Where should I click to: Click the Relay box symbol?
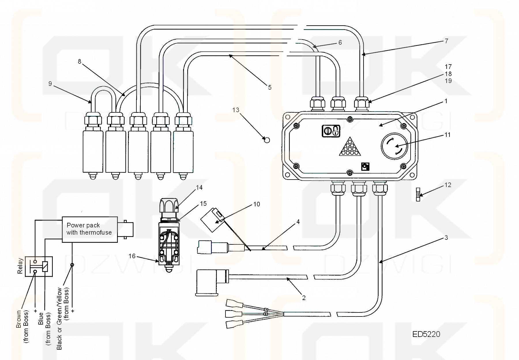click(39, 266)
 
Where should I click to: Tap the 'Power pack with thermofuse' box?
click(90, 229)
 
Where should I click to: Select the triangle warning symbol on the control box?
click(350, 148)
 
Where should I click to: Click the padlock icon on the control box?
click(331, 131)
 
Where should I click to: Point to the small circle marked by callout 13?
click(267, 140)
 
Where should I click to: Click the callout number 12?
click(448, 185)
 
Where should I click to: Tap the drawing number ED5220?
click(426, 334)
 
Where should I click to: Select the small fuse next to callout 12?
click(418, 194)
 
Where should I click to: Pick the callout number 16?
click(132, 256)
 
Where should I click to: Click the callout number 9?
click(50, 84)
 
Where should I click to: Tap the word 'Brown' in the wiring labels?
click(19, 319)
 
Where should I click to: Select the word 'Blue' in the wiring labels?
click(41, 318)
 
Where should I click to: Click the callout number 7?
click(446, 41)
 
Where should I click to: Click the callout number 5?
click(270, 87)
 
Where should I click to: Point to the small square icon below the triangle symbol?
click(365, 167)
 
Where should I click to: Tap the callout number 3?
click(446, 238)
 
